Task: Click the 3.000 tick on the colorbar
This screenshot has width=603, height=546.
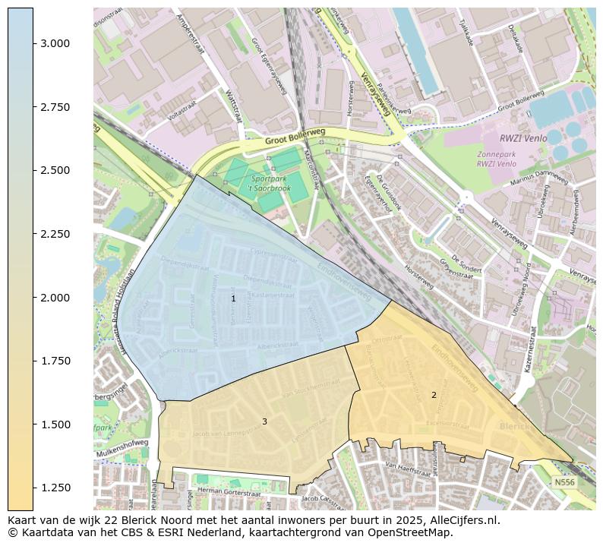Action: tap(33, 43)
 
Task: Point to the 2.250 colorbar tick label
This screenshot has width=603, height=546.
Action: tap(56, 234)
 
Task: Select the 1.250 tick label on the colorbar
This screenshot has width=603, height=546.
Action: tap(56, 488)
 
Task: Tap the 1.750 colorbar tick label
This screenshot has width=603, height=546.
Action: tap(56, 361)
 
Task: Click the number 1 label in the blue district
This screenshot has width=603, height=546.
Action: tap(233, 299)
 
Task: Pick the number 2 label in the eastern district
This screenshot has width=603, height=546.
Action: tap(434, 395)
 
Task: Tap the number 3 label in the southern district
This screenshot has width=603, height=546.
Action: tap(264, 421)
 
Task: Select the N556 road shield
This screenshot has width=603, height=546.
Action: tap(564, 482)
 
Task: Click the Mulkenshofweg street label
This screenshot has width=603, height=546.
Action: tap(122, 449)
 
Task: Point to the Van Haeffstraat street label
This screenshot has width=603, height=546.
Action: tap(408, 469)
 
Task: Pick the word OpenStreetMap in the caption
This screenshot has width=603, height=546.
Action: tap(410, 532)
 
